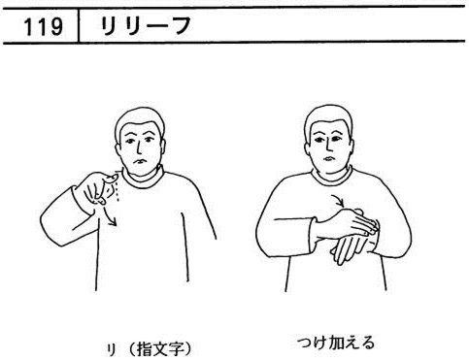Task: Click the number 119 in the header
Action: (x=44, y=26)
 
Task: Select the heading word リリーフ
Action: (x=146, y=25)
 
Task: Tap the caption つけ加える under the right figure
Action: (x=336, y=344)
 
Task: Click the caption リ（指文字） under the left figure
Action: (x=150, y=349)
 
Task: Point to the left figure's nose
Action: (x=139, y=147)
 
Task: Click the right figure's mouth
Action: (x=328, y=158)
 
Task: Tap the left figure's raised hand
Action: (x=97, y=189)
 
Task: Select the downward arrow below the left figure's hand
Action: (x=109, y=215)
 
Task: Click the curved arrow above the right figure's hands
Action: (x=337, y=201)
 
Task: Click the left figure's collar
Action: (x=143, y=178)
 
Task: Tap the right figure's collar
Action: (x=332, y=178)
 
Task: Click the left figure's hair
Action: (x=139, y=119)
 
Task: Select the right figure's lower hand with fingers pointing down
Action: (x=349, y=247)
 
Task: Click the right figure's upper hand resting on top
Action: (x=350, y=223)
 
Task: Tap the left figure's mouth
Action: (x=140, y=162)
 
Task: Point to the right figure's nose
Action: (x=327, y=145)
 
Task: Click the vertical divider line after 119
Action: (x=79, y=25)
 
